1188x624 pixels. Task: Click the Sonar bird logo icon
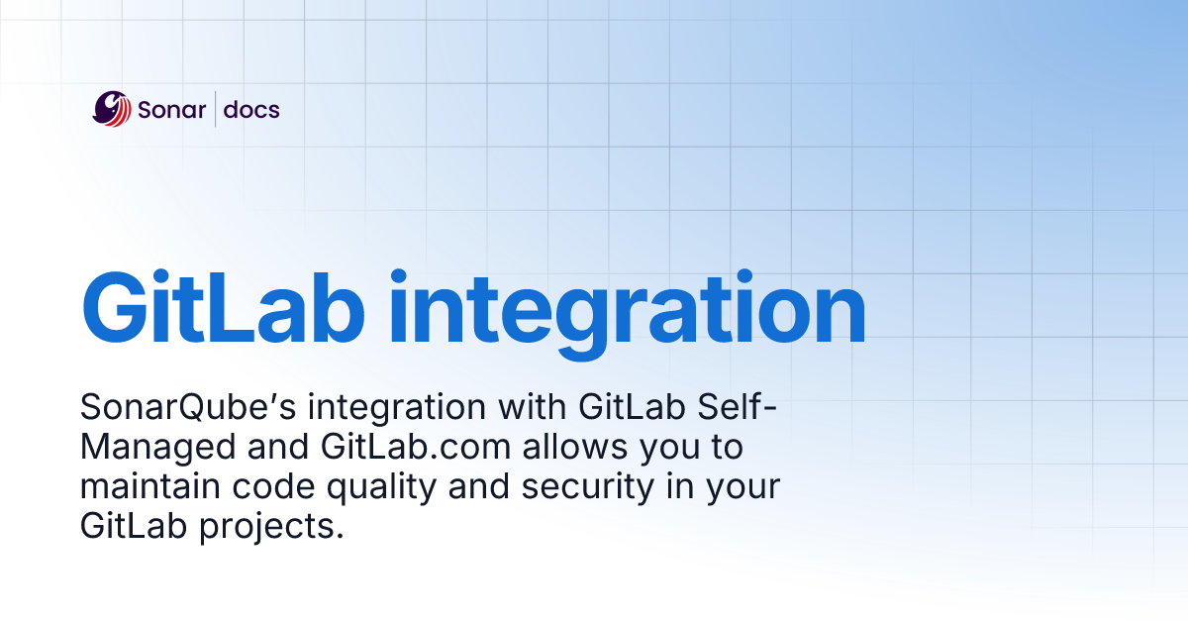[112, 109]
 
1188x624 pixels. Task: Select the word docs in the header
[251, 110]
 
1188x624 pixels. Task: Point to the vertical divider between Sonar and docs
[215, 110]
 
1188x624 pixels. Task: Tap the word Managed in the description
[153, 448]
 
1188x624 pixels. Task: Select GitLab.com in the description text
[416, 448]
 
